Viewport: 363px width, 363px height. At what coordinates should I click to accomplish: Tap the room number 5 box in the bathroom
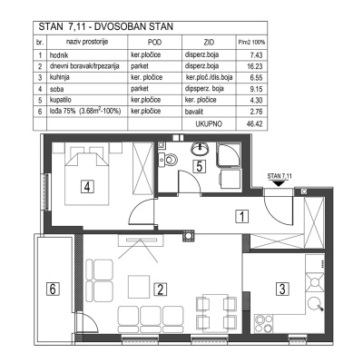click(x=200, y=166)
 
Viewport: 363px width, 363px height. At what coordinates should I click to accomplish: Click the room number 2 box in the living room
click(x=160, y=290)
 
